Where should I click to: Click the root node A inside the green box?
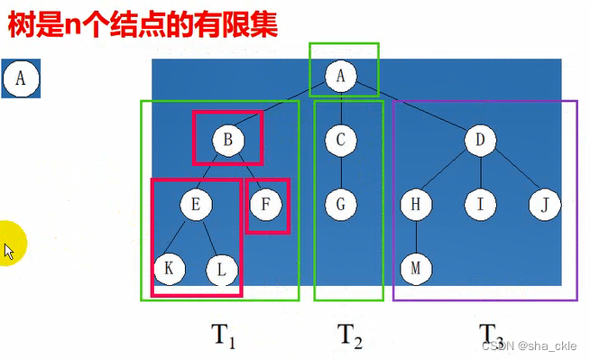[x=341, y=78]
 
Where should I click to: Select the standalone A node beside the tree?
[x=20, y=79]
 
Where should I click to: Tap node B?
[x=228, y=140]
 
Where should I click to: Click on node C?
[x=341, y=140]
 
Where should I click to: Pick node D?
[x=480, y=140]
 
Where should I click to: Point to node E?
[x=195, y=205]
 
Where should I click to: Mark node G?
[x=341, y=205]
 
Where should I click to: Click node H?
[x=416, y=205]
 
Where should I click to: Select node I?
[x=480, y=205]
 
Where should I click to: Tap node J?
[x=545, y=205]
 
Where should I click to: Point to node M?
[x=416, y=268]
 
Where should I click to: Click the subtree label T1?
[x=223, y=336]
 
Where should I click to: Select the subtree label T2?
[x=350, y=336]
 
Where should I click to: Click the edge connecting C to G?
[x=341, y=172]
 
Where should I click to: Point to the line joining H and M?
[x=416, y=236]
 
